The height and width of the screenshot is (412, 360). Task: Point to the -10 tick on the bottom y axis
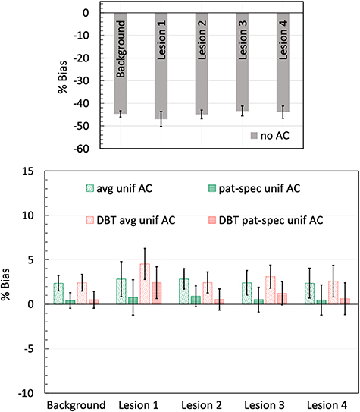tap(27, 393)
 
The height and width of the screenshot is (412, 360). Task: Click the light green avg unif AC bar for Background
tap(58, 294)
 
